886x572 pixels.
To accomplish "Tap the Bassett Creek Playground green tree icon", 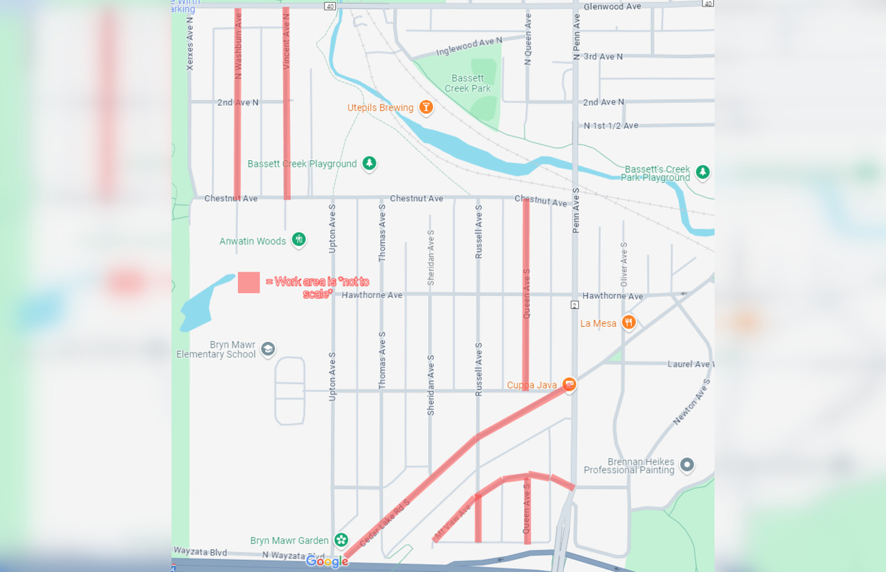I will tap(369, 164).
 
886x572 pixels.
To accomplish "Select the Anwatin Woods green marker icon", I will tap(299, 240).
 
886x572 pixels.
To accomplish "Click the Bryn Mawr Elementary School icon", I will tap(268, 349).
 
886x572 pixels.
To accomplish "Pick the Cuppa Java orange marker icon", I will tap(569, 385).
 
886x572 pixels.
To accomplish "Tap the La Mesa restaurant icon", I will tap(628, 322).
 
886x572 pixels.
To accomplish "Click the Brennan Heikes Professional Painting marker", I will tap(687, 465).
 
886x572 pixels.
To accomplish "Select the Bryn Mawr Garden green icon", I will tap(342, 540).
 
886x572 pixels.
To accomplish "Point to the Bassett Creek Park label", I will tap(468, 84).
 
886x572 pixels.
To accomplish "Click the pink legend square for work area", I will tap(249, 282).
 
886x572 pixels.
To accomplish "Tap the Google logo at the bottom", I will tap(327, 561).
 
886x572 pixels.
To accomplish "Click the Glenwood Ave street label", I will tap(612, 6).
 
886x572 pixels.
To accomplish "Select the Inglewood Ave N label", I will tap(469, 46).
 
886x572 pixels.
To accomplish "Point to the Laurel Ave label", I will tap(690, 364).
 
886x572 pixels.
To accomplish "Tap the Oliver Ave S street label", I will tap(624, 265).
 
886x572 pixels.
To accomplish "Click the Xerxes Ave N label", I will tap(190, 49).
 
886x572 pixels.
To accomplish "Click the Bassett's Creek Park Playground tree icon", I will tap(702, 172).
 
